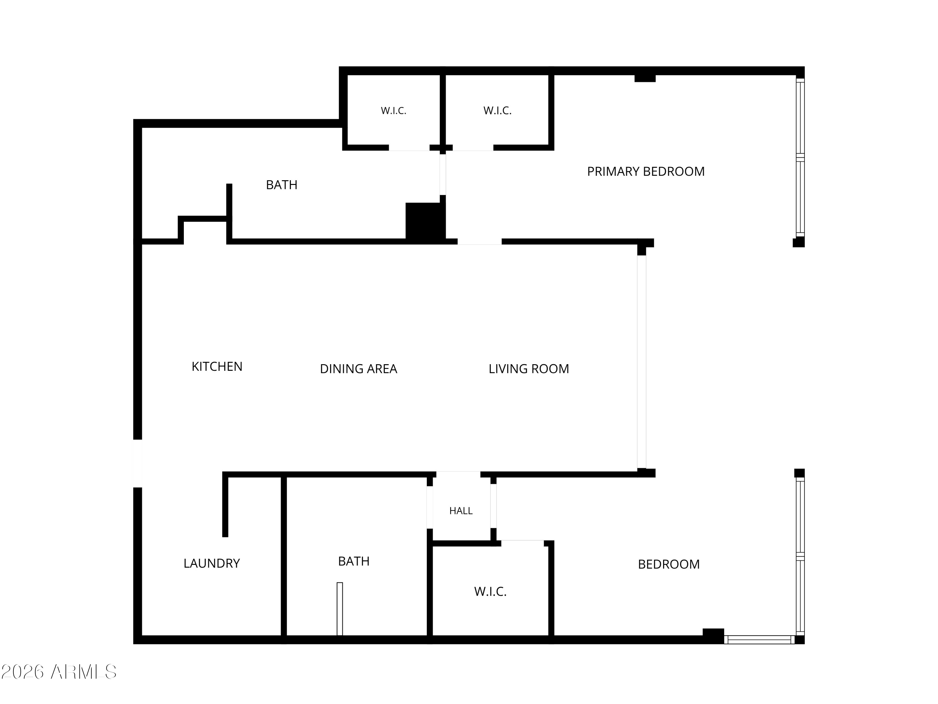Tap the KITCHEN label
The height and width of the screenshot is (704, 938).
[217, 367]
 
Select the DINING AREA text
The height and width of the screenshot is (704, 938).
[358, 369]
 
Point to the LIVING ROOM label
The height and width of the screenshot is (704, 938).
[528, 369]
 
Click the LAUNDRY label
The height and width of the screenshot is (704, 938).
[212, 564]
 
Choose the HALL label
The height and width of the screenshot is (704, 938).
[461, 511]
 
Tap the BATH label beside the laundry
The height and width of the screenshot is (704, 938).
[354, 561]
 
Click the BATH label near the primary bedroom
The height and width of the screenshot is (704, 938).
[282, 185]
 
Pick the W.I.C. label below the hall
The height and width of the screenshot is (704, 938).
[490, 592]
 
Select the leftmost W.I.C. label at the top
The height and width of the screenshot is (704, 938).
[394, 111]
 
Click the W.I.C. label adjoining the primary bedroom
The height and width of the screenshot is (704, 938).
[497, 111]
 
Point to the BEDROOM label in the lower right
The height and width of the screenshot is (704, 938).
[669, 564]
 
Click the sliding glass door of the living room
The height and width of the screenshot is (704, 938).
[642, 362]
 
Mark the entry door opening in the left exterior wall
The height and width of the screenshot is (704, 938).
[137, 463]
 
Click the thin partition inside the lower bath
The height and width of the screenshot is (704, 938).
[340, 609]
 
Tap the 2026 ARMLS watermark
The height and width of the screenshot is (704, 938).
[59, 672]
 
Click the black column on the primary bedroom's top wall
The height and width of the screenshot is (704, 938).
[645, 78]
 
